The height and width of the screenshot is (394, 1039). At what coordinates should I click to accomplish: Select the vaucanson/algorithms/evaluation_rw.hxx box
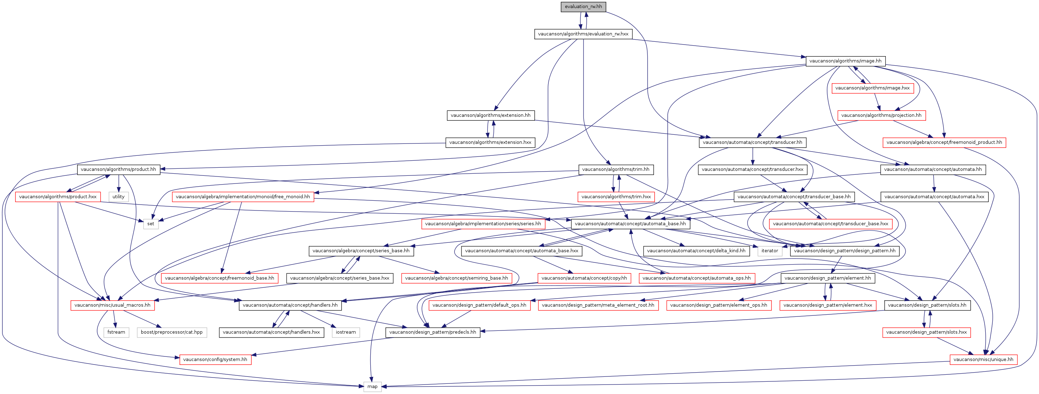pos(583,34)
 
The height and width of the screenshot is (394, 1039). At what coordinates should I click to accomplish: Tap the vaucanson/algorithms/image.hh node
pos(845,61)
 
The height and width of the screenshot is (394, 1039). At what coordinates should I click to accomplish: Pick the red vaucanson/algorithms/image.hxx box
pos(872,88)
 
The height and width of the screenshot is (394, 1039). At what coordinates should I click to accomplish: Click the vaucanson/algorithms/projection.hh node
pos(881,115)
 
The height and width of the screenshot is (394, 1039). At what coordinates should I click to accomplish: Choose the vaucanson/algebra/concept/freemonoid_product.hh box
pos(944,142)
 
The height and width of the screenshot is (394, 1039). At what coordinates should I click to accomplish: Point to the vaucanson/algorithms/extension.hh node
pos(491,115)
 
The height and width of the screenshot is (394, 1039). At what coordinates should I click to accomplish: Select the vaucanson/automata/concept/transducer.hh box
pos(753,142)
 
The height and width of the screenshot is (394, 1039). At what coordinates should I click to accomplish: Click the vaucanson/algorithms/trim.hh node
pos(616,169)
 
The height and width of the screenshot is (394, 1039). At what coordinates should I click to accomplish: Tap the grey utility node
pos(119,196)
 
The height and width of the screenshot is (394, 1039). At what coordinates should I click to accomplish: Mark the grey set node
pos(151,223)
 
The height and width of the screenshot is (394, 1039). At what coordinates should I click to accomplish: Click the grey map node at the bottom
pos(372,386)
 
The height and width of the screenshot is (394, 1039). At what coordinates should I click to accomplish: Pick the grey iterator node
pos(770,251)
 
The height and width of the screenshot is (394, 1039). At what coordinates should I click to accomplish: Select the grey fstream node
pos(116,332)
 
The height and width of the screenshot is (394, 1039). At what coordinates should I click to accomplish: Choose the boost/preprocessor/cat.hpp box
pos(172,332)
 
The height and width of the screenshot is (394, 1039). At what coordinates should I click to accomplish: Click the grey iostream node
pos(346,332)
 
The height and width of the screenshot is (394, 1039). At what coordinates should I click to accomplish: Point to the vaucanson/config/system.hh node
pos(215,359)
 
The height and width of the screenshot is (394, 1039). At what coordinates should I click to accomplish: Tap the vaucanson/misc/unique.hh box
pos(983,359)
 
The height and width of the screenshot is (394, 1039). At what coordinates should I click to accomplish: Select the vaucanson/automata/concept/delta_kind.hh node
pos(696,251)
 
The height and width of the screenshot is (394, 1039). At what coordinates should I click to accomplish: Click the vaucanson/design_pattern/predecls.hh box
pos(433,332)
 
